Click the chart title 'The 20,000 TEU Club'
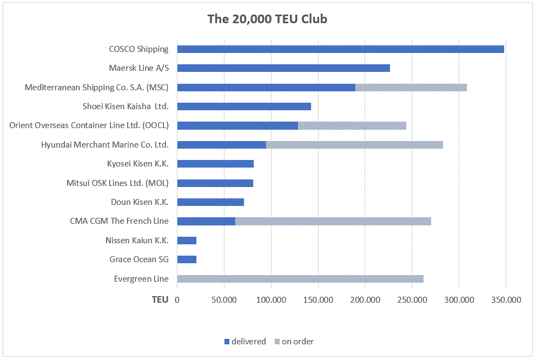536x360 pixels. coord(267,19)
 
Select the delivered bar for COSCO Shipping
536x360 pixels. coord(340,49)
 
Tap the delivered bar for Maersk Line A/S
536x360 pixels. coord(283,68)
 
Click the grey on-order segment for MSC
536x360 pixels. coord(411,88)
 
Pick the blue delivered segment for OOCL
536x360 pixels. coord(237,125)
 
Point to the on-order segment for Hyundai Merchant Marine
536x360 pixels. coord(354,145)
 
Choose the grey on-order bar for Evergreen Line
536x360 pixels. coord(300,279)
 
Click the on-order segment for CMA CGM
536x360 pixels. coord(333,221)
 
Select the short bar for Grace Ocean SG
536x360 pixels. coord(187,259)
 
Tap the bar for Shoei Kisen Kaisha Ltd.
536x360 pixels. coord(244,106)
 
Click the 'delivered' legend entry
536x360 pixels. coord(245,342)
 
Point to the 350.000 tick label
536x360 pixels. coord(506,299)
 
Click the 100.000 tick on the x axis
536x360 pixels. coord(271,299)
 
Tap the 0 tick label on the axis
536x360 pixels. coord(177,299)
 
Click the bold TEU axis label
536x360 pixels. coord(160,299)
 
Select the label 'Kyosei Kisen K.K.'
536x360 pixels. coord(138,164)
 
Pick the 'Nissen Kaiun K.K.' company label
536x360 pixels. coord(137,241)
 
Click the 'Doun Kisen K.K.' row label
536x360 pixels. coord(140,202)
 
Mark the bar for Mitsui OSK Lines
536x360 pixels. coord(215,183)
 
